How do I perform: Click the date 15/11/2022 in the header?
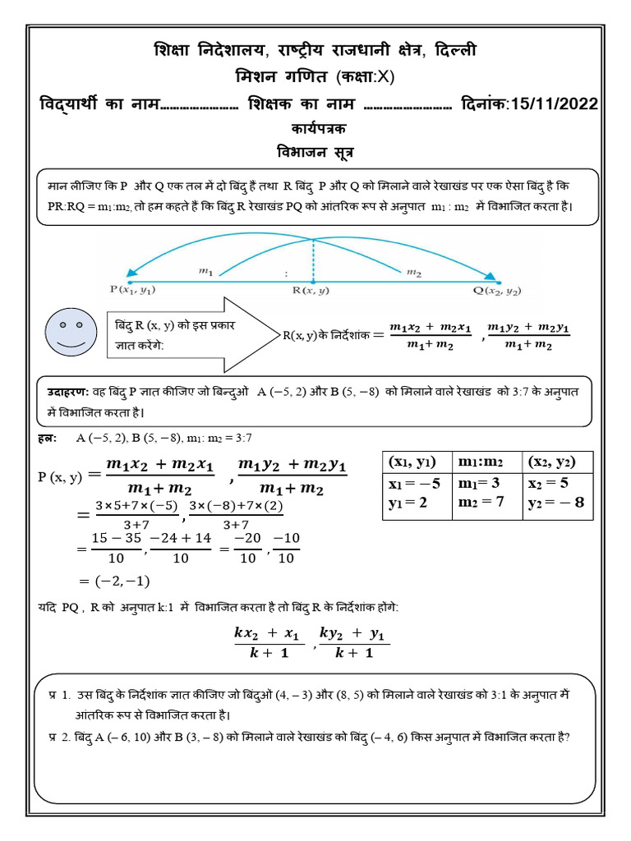pyautogui.click(x=554, y=104)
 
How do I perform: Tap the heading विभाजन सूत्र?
pyautogui.click(x=315, y=152)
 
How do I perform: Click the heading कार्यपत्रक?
pyautogui.click(x=315, y=130)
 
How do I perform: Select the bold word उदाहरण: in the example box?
pyautogui.click(x=70, y=393)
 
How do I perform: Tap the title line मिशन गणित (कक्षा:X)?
pyautogui.click(x=315, y=77)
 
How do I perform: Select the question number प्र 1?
pyautogui.click(x=59, y=695)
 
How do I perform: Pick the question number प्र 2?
pyautogui.click(x=59, y=737)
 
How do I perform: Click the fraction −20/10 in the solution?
pyautogui.click(x=247, y=549)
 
